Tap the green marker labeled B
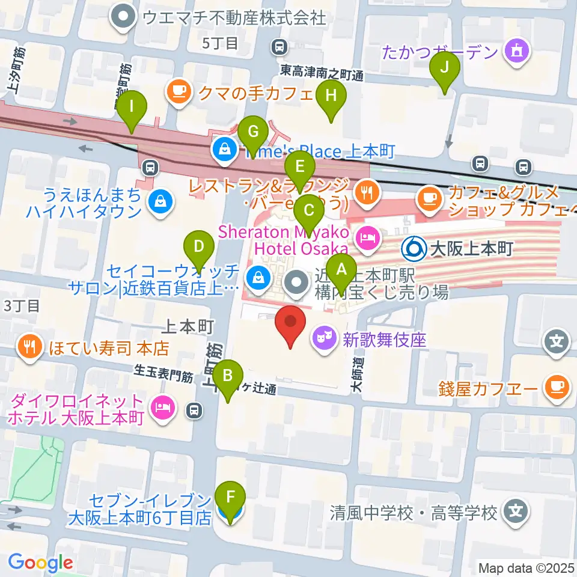point(228,377)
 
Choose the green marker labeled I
point(132,109)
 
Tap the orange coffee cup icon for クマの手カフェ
point(178,91)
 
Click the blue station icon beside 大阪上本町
point(414,247)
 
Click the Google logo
point(40,563)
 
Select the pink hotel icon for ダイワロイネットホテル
point(162,409)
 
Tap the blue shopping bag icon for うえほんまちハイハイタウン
point(160,203)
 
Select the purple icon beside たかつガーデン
point(516,52)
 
